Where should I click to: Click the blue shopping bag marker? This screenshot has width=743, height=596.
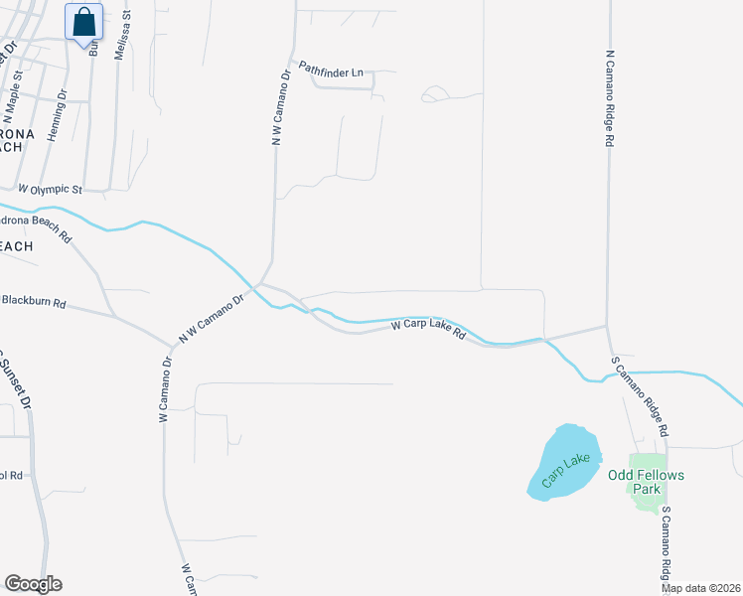[84, 21]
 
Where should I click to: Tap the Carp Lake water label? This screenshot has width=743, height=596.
[566, 470]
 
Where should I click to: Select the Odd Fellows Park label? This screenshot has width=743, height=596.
[647, 482]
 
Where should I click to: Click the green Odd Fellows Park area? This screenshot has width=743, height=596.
[650, 498]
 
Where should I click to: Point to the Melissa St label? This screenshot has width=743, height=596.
[122, 38]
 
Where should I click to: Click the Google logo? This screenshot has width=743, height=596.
[33, 584]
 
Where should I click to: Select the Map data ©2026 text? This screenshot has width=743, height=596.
[701, 588]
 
